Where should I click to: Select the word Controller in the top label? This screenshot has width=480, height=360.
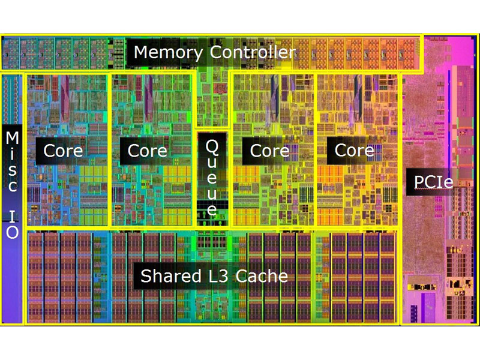coord(253,52)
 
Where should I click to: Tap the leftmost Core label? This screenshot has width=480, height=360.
coord(64,150)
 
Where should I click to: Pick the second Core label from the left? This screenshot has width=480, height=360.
coord(148,150)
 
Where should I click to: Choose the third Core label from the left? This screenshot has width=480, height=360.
coord(269,150)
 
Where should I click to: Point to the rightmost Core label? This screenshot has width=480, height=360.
coord(354,150)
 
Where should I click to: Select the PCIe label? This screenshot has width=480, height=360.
coord(433,180)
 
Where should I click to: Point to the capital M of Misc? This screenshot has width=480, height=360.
coord(12,139)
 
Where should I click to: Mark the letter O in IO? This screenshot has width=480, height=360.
coord(12,232)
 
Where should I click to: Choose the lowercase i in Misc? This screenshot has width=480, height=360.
coord(12,154)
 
